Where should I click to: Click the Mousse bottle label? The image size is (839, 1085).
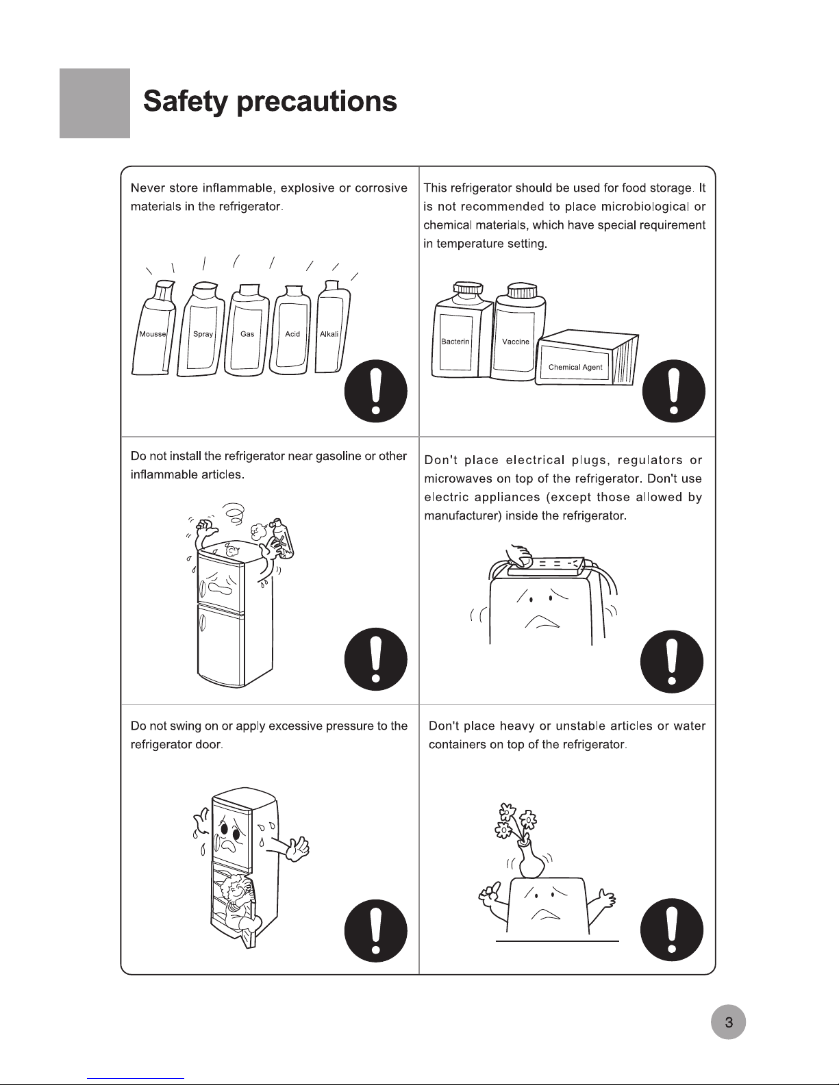point(152,334)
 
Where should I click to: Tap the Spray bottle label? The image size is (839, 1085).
point(203,334)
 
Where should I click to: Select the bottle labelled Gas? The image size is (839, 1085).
point(247,331)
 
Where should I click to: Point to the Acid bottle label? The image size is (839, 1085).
point(292,334)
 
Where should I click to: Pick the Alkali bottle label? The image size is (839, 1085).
point(329,334)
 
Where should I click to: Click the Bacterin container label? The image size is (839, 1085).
point(455,342)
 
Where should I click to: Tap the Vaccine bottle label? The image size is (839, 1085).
point(515,342)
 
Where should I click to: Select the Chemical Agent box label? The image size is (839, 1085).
point(575,367)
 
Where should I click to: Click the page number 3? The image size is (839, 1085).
point(729,1022)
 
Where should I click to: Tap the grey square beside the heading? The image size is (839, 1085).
point(95,103)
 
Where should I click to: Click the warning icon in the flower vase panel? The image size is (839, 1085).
point(672,930)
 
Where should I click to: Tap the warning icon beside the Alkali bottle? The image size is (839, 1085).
point(375,391)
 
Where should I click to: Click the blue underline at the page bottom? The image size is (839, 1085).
point(136,1079)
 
